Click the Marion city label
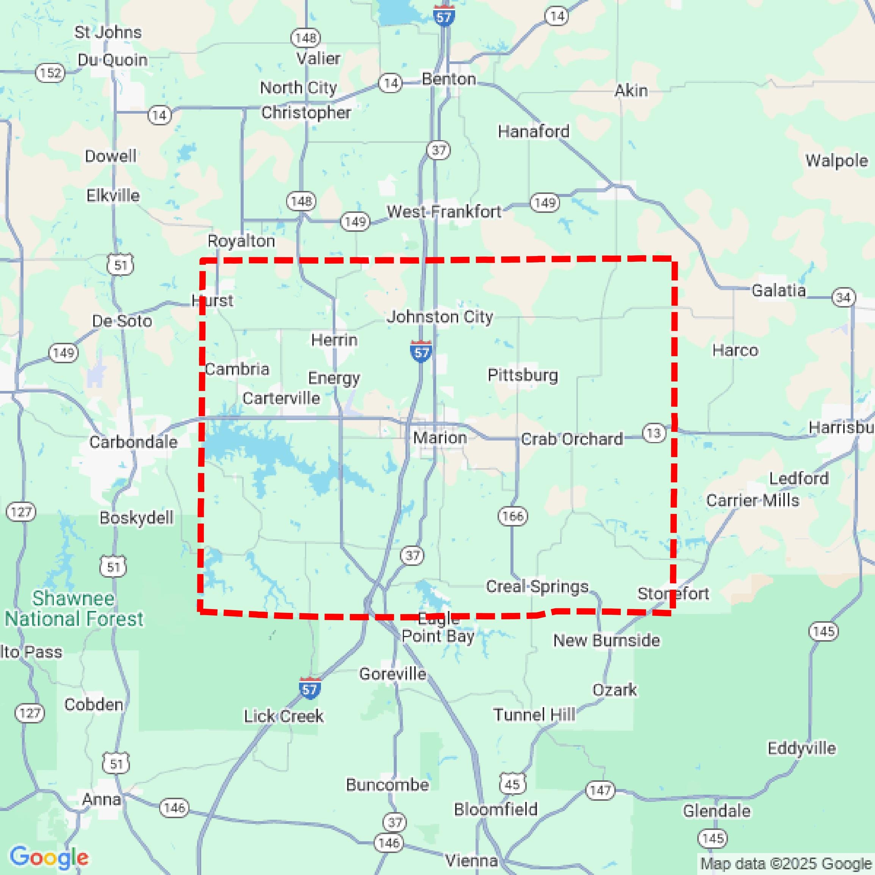[x=440, y=437]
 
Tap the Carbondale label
[x=133, y=442]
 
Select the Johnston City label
[x=440, y=317]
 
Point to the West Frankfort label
[x=444, y=211]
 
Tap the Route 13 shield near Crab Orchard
[x=653, y=433]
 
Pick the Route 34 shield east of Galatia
[x=843, y=298]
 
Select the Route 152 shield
[x=50, y=72]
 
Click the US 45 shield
[x=512, y=783]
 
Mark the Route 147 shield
[x=600, y=790]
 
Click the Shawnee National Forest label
[x=74, y=608]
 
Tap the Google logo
[x=49, y=857]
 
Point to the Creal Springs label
[x=537, y=586]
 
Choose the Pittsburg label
[x=523, y=375]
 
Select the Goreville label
[x=393, y=674]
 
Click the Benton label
[x=449, y=79]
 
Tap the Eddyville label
[x=801, y=748]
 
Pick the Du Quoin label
[x=113, y=60]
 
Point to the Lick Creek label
[x=284, y=716]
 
